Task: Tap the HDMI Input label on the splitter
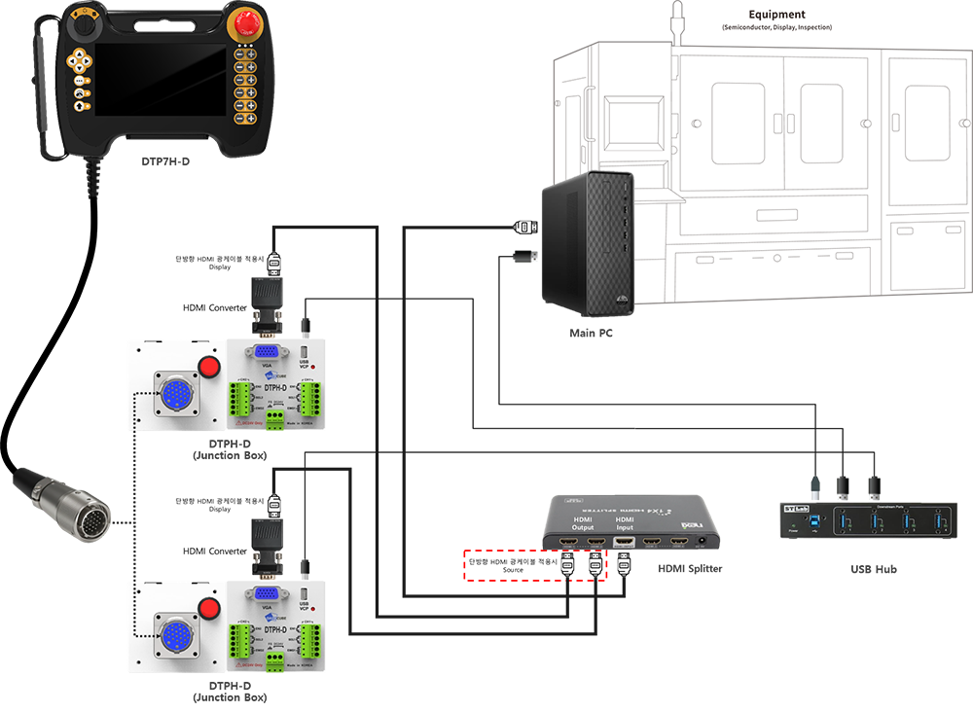click(x=624, y=523)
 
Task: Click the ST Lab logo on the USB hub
click(x=797, y=509)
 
